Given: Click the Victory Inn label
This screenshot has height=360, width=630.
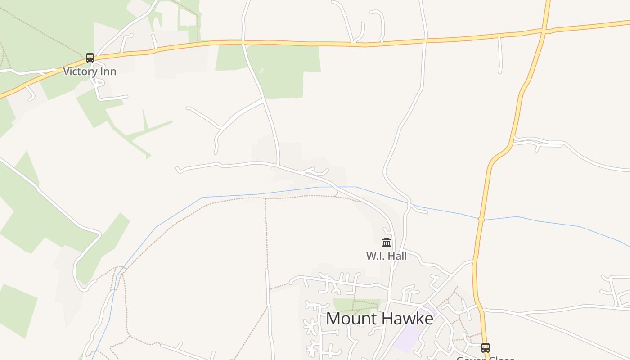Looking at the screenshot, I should click(90, 72).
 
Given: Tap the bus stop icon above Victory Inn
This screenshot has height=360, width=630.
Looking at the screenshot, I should click(90, 58).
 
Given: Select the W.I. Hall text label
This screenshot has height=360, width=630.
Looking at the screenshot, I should click(386, 256).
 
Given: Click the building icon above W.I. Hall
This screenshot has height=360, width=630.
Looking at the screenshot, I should click(387, 243).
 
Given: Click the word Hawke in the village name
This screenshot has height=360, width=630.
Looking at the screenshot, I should click(407, 319).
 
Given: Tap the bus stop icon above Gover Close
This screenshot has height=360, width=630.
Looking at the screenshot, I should click(485, 347).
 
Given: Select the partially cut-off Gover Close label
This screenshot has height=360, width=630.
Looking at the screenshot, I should click(485, 358).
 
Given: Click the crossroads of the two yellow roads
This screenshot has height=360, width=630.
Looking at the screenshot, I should click(544, 31).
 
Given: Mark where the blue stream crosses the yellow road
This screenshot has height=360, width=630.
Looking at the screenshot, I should click(481, 220).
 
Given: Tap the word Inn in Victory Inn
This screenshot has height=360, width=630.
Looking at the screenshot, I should click(108, 72).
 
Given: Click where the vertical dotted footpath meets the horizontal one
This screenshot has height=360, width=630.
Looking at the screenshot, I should click(265, 198).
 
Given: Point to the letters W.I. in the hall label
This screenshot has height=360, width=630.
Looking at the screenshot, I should click(375, 256).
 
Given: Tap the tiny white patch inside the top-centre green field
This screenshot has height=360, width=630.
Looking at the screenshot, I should click(261, 71).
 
